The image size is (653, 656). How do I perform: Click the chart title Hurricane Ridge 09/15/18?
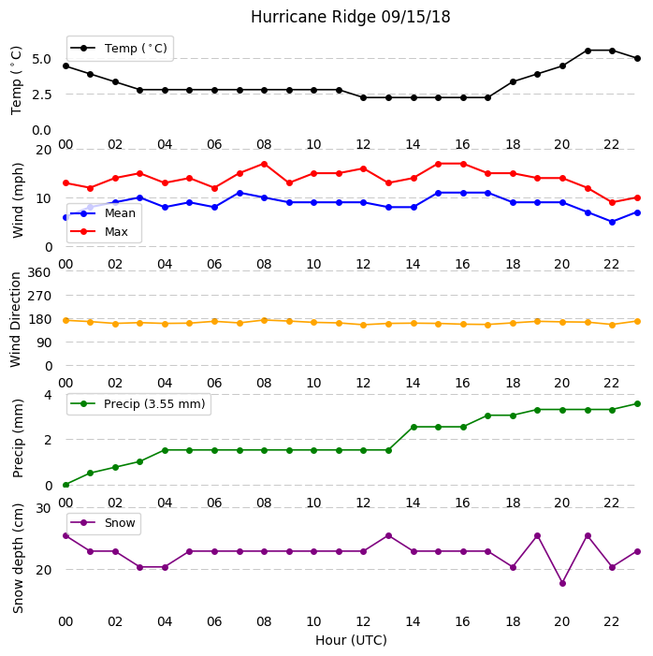pos(350,17)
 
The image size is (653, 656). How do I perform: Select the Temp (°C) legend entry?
pos(119,49)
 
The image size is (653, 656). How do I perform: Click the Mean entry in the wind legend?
pos(103,213)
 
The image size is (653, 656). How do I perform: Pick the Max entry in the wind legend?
pos(99,232)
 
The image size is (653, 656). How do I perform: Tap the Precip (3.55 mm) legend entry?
pos(138,403)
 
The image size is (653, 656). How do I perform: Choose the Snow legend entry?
pos(103,523)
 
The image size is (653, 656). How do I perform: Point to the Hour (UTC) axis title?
pos(351,640)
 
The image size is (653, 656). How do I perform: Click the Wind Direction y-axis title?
pos(16,320)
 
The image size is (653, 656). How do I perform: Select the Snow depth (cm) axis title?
pos(18,559)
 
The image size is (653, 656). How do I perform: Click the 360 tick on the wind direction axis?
pos(39,272)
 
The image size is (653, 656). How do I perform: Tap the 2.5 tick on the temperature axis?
pos(41,95)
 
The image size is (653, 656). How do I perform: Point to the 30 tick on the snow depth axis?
pos(43,508)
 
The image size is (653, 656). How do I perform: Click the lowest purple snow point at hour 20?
pos(562,583)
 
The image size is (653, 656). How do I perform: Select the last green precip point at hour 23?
pos(637,403)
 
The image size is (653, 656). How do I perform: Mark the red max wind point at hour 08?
pos(265,164)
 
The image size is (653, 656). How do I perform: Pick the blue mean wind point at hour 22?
pos(613,222)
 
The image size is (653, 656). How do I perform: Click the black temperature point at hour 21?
pos(588,51)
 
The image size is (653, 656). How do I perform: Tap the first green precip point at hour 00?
pos(65,485)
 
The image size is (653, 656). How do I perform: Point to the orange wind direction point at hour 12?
pos(364,325)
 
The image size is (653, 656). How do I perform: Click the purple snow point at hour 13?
pos(388,536)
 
